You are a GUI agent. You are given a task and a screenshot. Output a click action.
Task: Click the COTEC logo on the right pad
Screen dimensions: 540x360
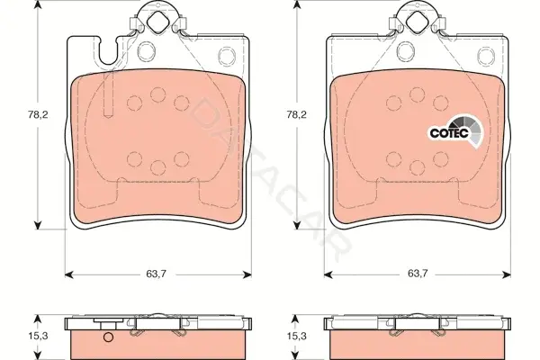pyautogui.click(x=455, y=132)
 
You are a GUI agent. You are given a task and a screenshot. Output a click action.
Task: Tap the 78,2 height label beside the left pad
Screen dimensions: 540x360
pyautogui.click(x=38, y=114)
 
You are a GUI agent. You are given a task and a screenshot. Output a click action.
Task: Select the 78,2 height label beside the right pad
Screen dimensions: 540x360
pyautogui.click(x=297, y=114)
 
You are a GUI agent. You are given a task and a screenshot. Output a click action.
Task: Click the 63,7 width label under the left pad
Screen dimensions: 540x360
pyautogui.click(x=157, y=274)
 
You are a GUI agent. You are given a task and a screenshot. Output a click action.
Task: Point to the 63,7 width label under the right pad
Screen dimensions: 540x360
pyautogui.click(x=418, y=274)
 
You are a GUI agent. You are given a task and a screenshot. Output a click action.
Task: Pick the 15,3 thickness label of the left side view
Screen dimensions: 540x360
pyautogui.click(x=38, y=337)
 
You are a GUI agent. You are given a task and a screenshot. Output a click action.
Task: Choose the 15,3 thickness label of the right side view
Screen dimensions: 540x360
pyautogui.click(x=297, y=337)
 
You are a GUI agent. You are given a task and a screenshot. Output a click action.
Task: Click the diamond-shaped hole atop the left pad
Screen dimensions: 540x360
pyautogui.click(x=157, y=22)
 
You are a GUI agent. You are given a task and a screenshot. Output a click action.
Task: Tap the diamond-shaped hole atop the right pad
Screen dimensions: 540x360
pyautogui.click(x=417, y=22)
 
